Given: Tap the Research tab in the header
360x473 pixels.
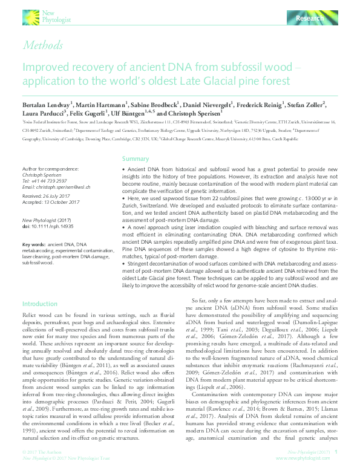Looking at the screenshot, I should (309, 20).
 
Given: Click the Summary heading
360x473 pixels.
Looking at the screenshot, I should (136, 158).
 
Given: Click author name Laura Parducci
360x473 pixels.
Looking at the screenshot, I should (46, 113).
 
